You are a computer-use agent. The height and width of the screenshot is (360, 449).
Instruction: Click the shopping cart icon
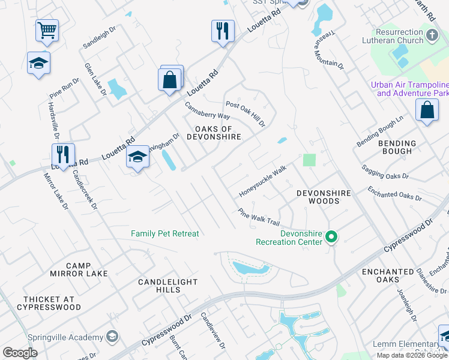47,29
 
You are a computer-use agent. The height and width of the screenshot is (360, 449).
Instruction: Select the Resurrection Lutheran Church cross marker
432,36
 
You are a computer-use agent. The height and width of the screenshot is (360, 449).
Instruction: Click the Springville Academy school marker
111,337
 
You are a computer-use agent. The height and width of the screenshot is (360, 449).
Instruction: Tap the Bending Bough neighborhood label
397,147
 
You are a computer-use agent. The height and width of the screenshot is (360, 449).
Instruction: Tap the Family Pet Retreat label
164,233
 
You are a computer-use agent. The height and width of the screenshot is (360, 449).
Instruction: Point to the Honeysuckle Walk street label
263,181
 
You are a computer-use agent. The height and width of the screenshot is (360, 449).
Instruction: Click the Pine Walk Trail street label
259,217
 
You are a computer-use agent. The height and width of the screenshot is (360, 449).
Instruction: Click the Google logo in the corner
20,353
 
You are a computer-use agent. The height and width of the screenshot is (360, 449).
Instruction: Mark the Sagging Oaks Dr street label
385,172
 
